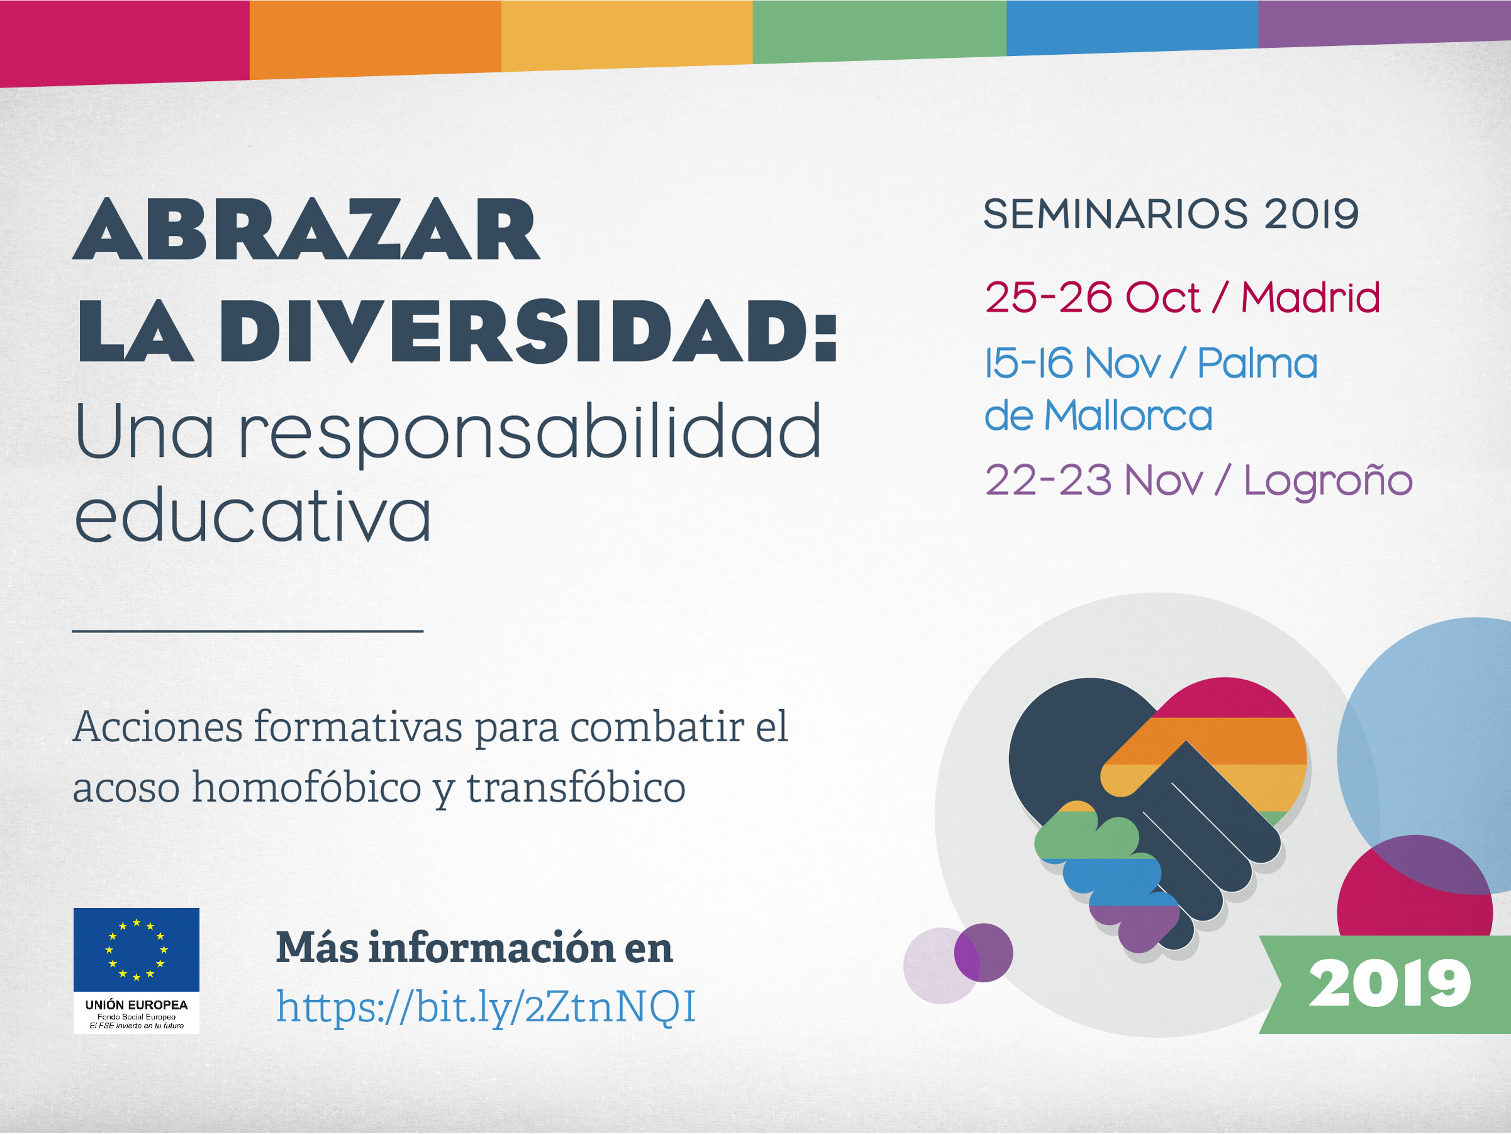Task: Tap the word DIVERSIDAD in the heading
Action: [514, 332]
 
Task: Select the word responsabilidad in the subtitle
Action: [530, 434]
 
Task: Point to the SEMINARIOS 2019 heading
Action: [1171, 214]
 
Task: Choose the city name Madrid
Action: [1310, 298]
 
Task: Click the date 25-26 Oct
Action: [1091, 298]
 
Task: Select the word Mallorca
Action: [1129, 415]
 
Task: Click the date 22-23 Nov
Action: [1094, 481]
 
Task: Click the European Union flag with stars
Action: [137, 950]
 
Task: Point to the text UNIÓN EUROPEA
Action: [137, 1005]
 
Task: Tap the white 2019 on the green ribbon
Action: [1390, 984]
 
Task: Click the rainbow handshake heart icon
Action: [1158, 814]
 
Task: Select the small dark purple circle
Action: [983, 953]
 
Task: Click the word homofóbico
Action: [306, 787]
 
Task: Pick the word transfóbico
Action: [576, 787]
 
